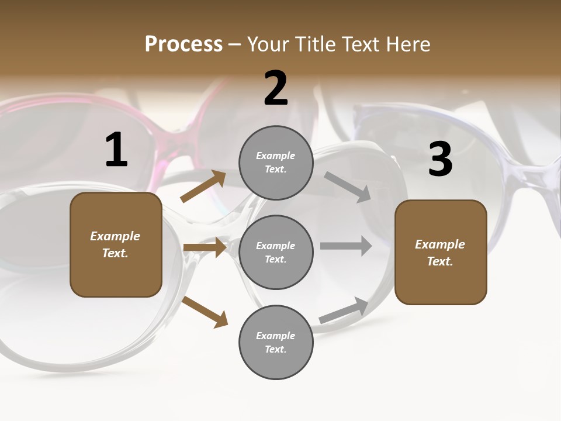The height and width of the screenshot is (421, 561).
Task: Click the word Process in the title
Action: click(183, 44)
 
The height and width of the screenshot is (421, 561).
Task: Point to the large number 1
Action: click(116, 150)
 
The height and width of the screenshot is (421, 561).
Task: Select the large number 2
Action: click(276, 88)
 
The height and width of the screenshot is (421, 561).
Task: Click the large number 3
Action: click(440, 160)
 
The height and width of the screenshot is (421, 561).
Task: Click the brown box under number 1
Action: click(116, 244)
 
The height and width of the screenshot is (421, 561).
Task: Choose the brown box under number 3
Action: click(441, 253)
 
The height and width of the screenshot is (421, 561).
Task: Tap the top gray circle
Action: click(276, 163)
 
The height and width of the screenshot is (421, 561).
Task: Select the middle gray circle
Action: click(276, 252)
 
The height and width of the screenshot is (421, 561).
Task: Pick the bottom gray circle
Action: click(276, 342)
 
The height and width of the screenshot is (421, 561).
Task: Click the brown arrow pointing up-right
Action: click(203, 187)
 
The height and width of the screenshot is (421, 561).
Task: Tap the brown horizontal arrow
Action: click(205, 247)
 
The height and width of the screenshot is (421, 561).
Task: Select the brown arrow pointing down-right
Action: click(205, 312)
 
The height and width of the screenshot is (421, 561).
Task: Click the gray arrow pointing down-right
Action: click(348, 187)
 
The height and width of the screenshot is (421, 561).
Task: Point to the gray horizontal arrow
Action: click(346, 246)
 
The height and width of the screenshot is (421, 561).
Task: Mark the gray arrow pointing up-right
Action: click(344, 310)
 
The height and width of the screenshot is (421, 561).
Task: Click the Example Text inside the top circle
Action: click(276, 163)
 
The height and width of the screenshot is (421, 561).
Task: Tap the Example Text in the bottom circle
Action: click(276, 343)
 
